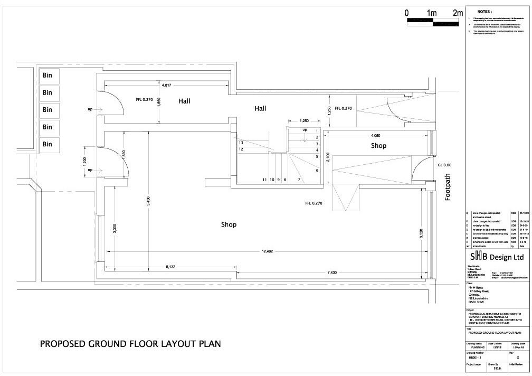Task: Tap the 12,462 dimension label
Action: tap(267, 251)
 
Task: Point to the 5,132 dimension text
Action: tap(170, 267)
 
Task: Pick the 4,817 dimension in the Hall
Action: tap(166, 84)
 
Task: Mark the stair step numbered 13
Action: tap(241, 143)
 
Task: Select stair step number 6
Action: tap(317, 171)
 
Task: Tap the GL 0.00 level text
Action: tap(444, 165)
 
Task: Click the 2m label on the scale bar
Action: tap(457, 13)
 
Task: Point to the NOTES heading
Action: tap(484, 11)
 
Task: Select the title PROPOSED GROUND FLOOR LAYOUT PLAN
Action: tap(130, 344)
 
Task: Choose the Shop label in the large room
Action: tap(229, 224)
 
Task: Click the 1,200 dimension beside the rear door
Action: tap(84, 162)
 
